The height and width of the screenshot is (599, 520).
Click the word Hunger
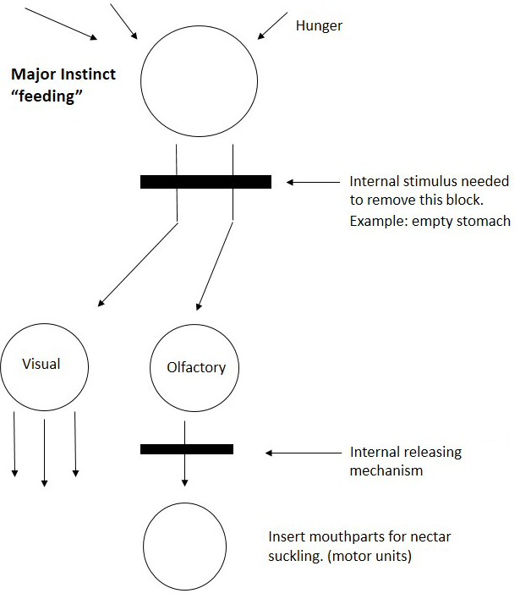click(319, 25)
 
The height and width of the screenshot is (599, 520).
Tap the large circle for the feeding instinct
click(199, 80)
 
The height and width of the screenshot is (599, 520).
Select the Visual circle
click(42, 365)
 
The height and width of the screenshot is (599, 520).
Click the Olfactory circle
click(194, 368)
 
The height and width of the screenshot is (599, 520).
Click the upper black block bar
click(205, 181)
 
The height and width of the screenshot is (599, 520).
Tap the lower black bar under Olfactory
click(186, 449)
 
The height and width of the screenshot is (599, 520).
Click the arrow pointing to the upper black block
click(313, 182)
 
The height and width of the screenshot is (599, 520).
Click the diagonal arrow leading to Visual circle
click(139, 263)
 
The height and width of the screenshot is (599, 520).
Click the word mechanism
click(387, 470)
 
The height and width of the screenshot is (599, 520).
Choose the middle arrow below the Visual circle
click(45, 448)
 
